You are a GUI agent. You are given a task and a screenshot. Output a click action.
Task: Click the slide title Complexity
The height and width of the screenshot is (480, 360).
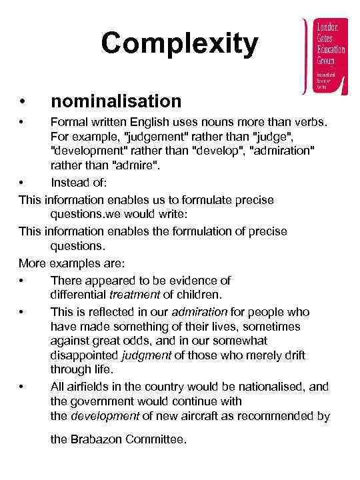pos(179,44)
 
